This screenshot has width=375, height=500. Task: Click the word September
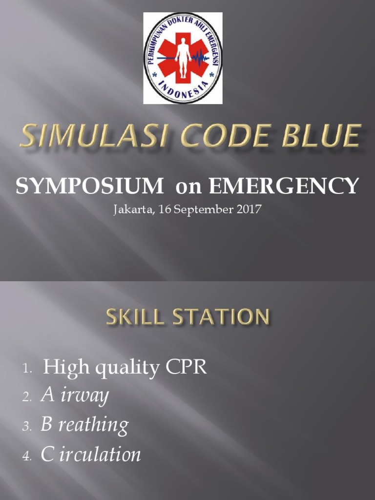point(201,210)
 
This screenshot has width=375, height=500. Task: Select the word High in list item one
point(60,367)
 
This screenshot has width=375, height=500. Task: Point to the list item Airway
point(74,396)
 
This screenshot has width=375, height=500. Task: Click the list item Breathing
point(84,425)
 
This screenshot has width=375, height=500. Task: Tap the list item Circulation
point(91,455)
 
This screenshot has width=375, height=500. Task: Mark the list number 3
point(26,427)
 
